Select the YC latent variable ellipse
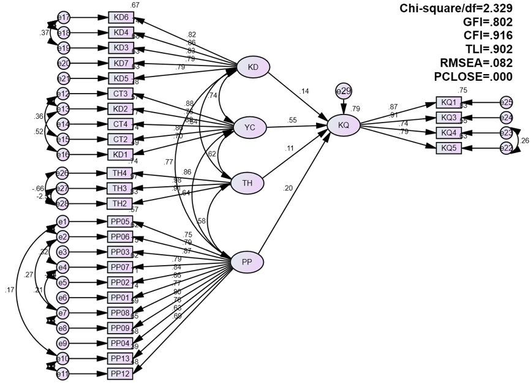pyautogui.click(x=250, y=127)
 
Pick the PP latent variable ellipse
pyautogui.click(x=247, y=262)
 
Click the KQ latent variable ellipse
pyautogui.click(x=344, y=126)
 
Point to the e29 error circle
pyautogui.click(x=342, y=91)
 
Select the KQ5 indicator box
pyautogui.click(x=449, y=148)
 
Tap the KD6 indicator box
pyautogui.click(x=121, y=17)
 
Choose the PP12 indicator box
pyautogui.click(x=121, y=373)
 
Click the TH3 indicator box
pyautogui.click(x=121, y=188)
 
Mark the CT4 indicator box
pyautogui.click(x=121, y=124)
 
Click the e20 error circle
pyautogui.click(x=63, y=63)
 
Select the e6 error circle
pyautogui.click(x=63, y=298)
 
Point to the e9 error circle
pyautogui.click(x=63, y=342)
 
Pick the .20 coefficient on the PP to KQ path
pyautogui.click(x=288, y=188)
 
